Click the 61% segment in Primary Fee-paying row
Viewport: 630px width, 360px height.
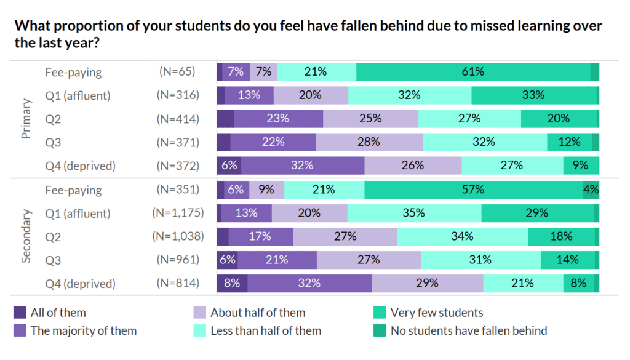pyautogui.click(x=473, y=72)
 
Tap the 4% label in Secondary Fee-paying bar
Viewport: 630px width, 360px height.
pyautogui.click(x=591, y=190)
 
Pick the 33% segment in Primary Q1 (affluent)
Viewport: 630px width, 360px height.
pyautogui.click(x=533, y=95)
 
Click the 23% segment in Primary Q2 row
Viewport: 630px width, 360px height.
pyautogui.click(x=279, y=119)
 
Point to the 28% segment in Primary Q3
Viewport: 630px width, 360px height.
pyautogui.click(x=369, y=142)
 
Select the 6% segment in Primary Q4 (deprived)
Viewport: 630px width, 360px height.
pyautogui.click(x=228, y=166)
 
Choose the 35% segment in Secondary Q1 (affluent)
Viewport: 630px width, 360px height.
pyautogui.click(x=414, y=214)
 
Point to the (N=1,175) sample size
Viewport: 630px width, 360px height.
pyautogui.click(x=178, y=214)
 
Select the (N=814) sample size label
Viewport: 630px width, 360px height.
pyautogui.click(x=178, y=284)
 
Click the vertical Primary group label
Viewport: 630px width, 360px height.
pyautogui.click(x=26, y=119)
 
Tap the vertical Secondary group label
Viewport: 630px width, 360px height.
pyautogui.click(x=26, y=237)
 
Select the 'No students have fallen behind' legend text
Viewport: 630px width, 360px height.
pyautogui.click(x=469, y=331)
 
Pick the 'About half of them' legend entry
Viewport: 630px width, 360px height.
pyautogui.click(x=258, y=313)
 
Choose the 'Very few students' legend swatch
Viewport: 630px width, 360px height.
pyautogui.click(x=380, y=313)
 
